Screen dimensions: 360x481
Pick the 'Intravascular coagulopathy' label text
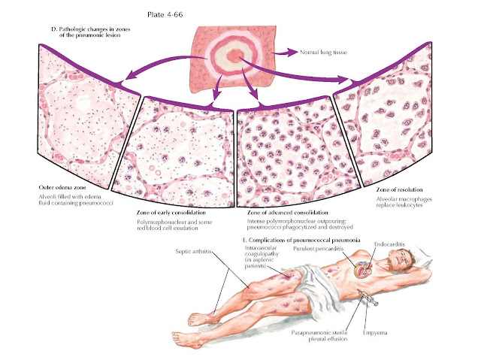tap(260, 250)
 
